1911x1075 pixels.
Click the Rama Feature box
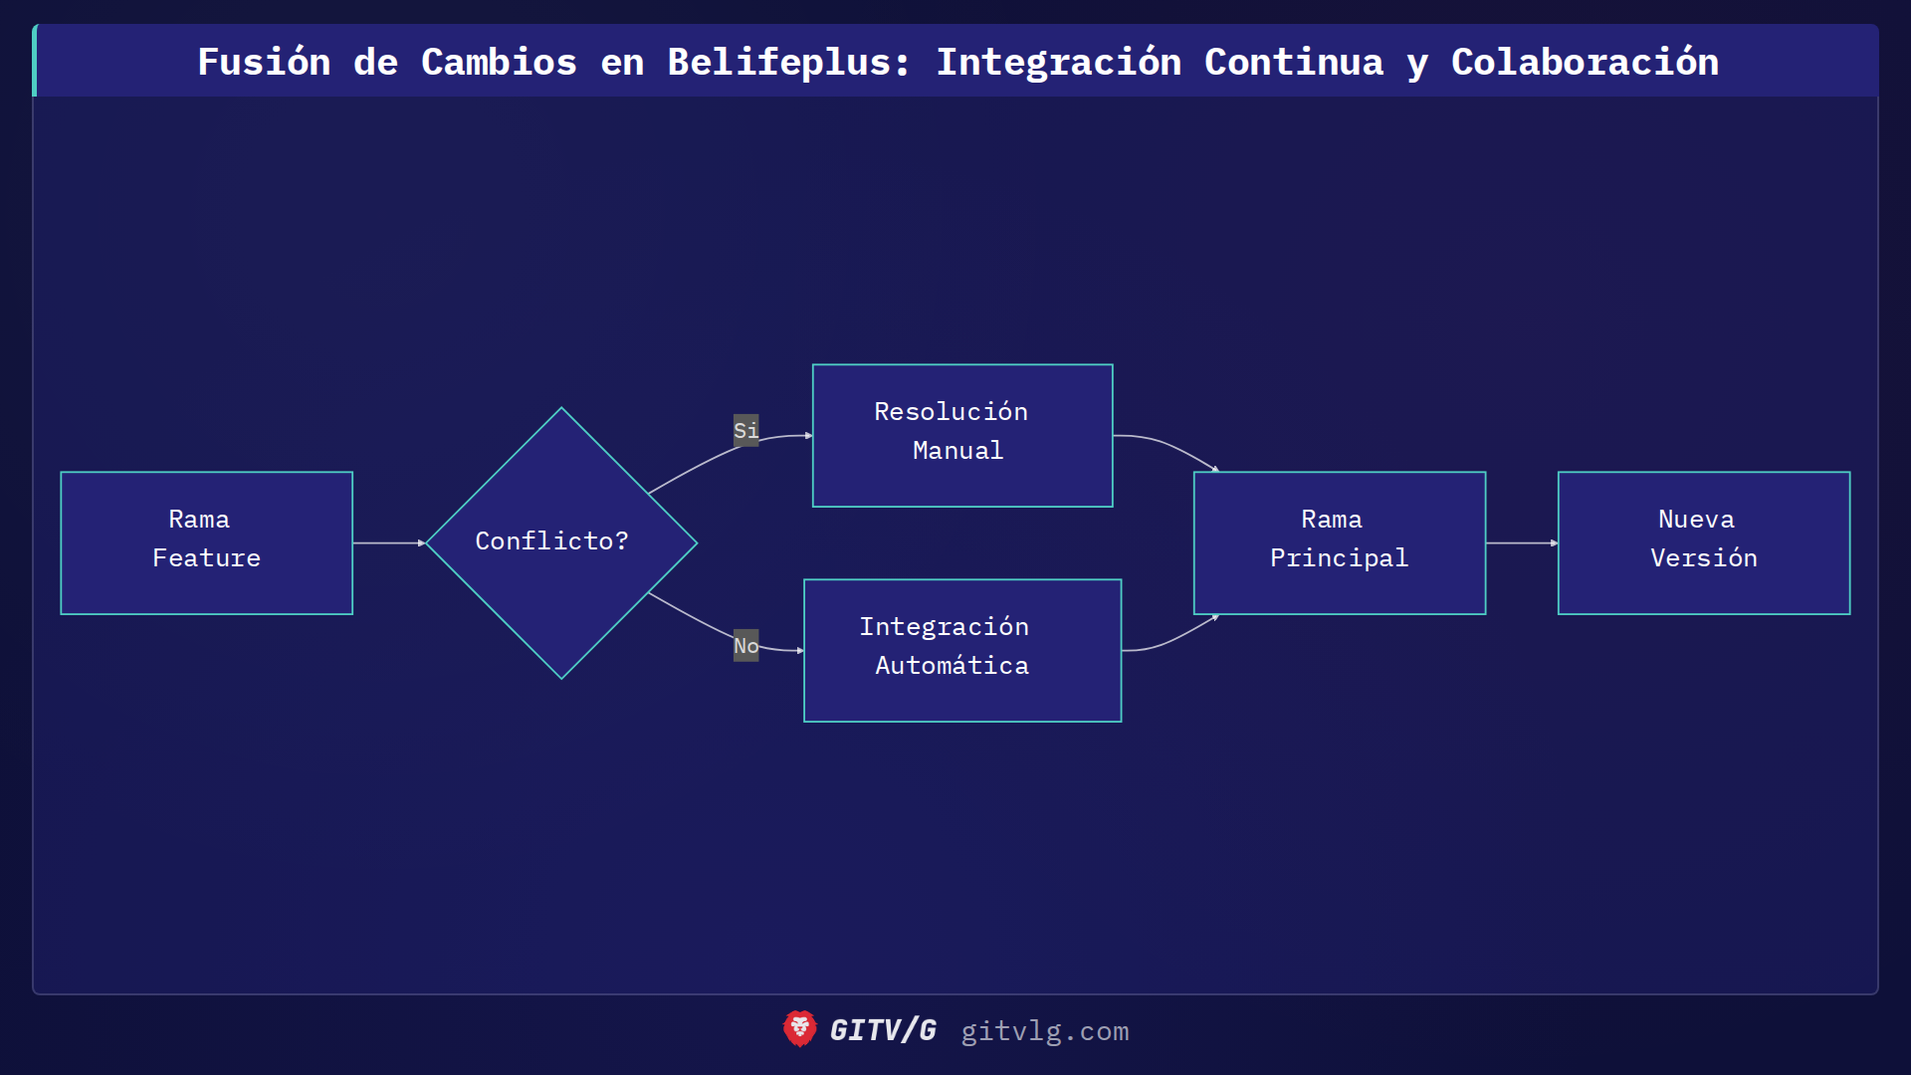point(206,542)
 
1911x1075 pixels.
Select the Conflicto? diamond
point(561,542)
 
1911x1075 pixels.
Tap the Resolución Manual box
point(961,435)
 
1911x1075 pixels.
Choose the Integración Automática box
point(961,650)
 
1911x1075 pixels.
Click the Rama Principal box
point(1339,542)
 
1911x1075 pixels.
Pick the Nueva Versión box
point(1703,542)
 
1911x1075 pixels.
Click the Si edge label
point(745,430)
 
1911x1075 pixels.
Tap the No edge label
point(745,645)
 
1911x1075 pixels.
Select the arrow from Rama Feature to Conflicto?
point(388,542)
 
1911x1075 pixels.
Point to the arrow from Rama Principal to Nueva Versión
point(1521,542)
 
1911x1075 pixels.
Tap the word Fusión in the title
point(264,62)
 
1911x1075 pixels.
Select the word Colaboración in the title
point(1585,62)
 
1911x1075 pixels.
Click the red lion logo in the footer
point(799,1028)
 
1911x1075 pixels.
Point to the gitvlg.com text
point(1044,1030)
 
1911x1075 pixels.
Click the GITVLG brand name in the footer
point(883,1030)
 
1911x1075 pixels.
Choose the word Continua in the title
point(1293,62)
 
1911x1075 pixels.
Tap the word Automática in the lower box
point(952,665)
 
